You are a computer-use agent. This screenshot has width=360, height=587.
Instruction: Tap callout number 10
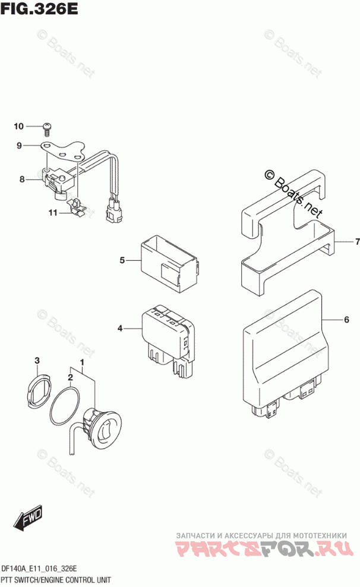[18, 126]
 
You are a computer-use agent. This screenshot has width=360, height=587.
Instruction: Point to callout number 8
[22, 179]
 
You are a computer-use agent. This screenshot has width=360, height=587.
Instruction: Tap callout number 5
[121, 260]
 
